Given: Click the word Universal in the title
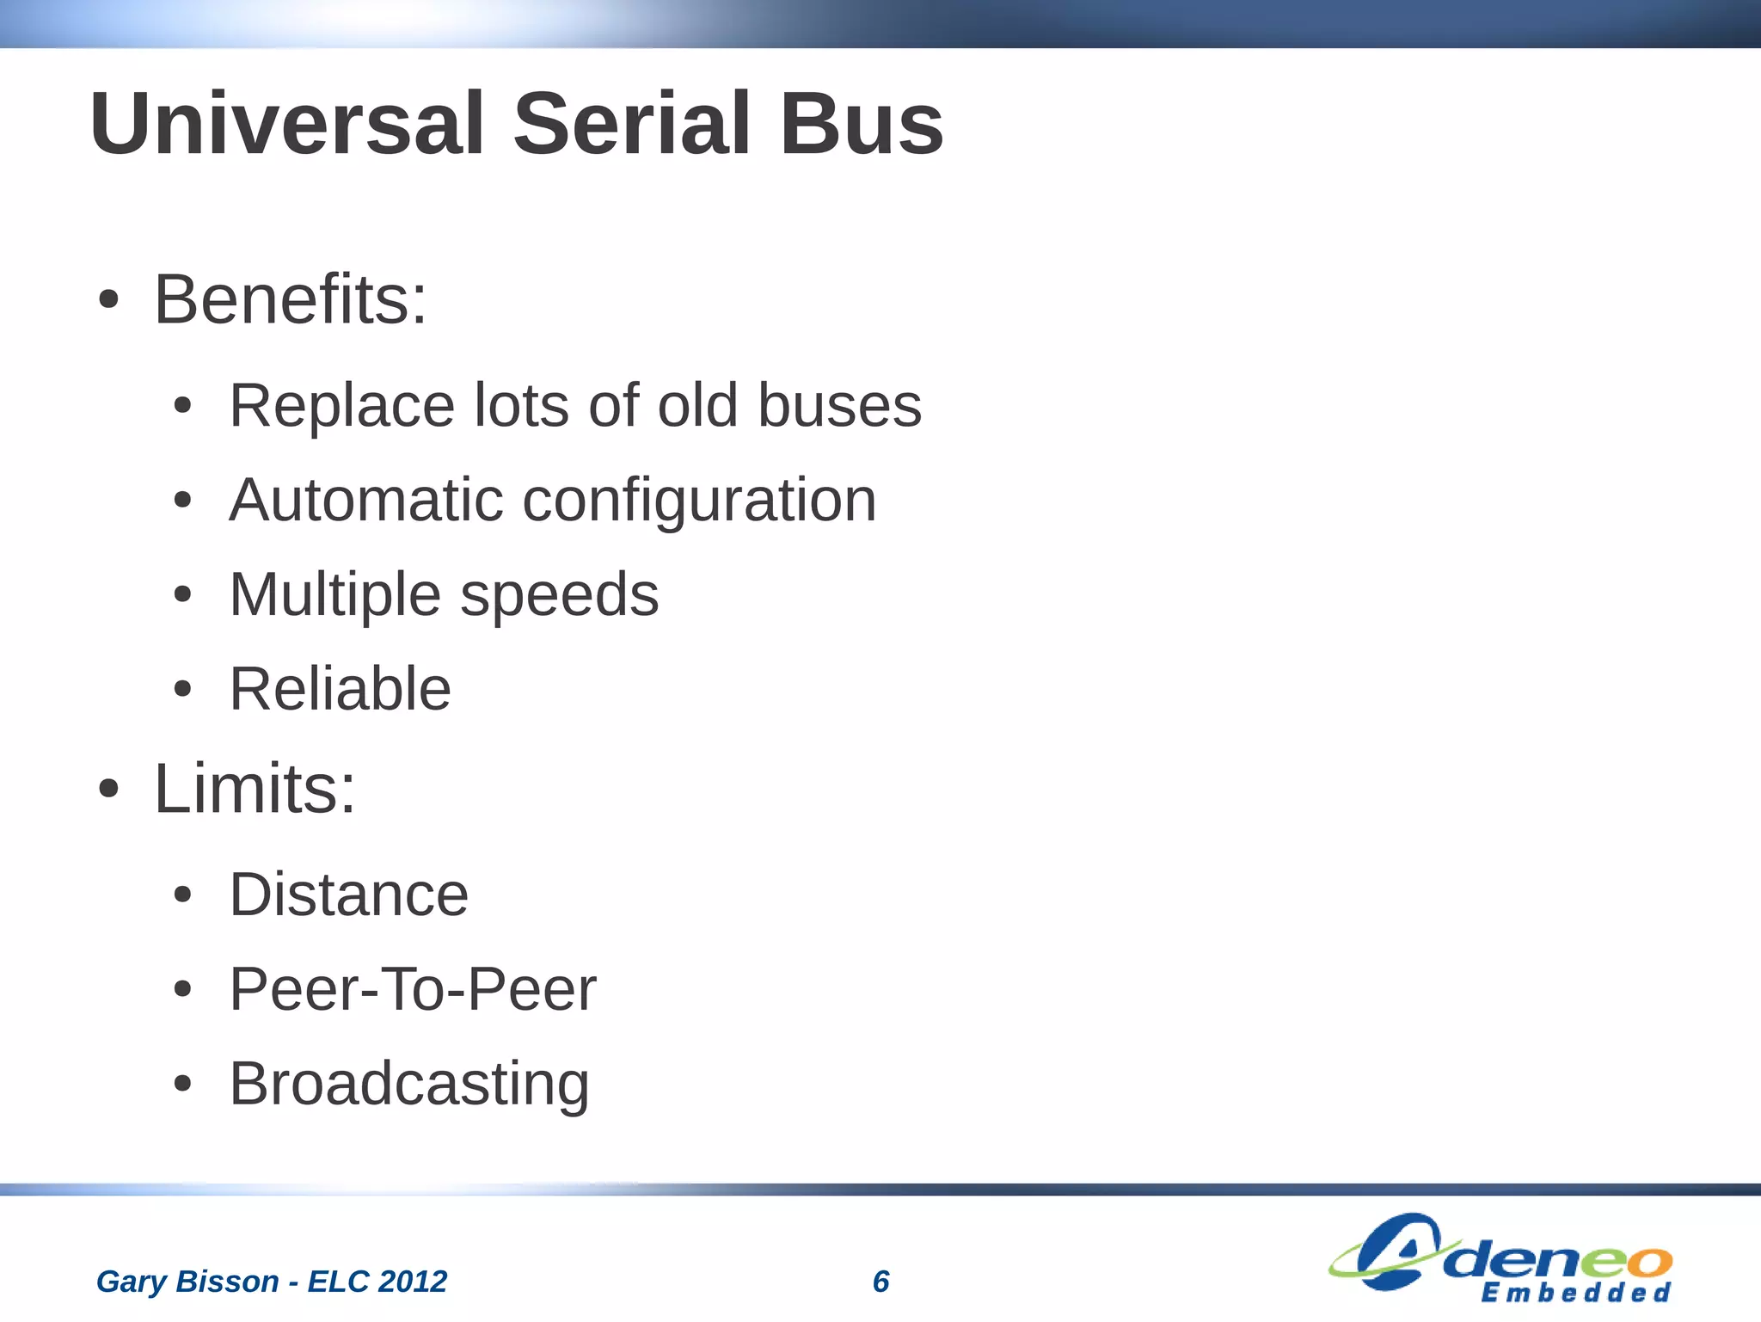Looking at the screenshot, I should tap(287, 125).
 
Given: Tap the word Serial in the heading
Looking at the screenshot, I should tap(632, 125).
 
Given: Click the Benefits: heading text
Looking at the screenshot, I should tap(290, 299).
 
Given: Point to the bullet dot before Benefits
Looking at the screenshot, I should tap(108, 301).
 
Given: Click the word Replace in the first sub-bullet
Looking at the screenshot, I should tap(341, 405).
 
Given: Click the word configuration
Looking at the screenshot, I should tap(699, 501).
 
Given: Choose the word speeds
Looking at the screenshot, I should tap(559, 595).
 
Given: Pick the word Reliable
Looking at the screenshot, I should tap(340, 689).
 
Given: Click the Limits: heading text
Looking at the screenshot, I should tap(255, 789).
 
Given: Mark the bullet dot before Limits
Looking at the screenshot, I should tap(108, 790).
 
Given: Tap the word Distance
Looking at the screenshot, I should tap(348, 895).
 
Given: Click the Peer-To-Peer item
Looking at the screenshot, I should tap(412, 989).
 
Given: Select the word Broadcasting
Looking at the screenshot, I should tap(409, 1085).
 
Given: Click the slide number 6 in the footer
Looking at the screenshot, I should tap(880, 1282).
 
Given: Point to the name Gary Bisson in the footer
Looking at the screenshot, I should tap(187, 1282).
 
